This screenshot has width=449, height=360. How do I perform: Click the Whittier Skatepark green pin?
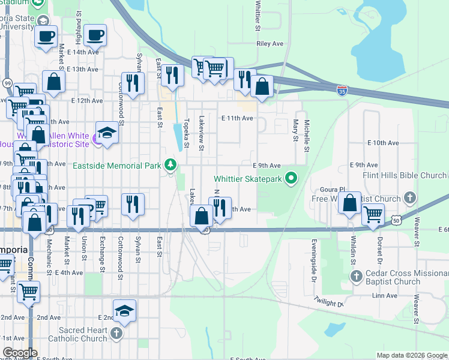[291, 178]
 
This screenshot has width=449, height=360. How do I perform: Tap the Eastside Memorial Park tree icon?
[171, 164]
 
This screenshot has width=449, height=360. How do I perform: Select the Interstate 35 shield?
[342, 91]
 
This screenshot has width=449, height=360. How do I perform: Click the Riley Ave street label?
[269, 44]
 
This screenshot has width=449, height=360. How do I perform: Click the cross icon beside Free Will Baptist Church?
[410, 198]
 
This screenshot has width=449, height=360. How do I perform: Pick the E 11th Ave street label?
[237, 118]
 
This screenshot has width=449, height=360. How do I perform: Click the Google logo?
[20, 353]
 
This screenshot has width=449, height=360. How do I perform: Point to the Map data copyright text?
[411, 355]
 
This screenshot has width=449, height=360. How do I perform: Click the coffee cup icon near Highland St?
[95, 35]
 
